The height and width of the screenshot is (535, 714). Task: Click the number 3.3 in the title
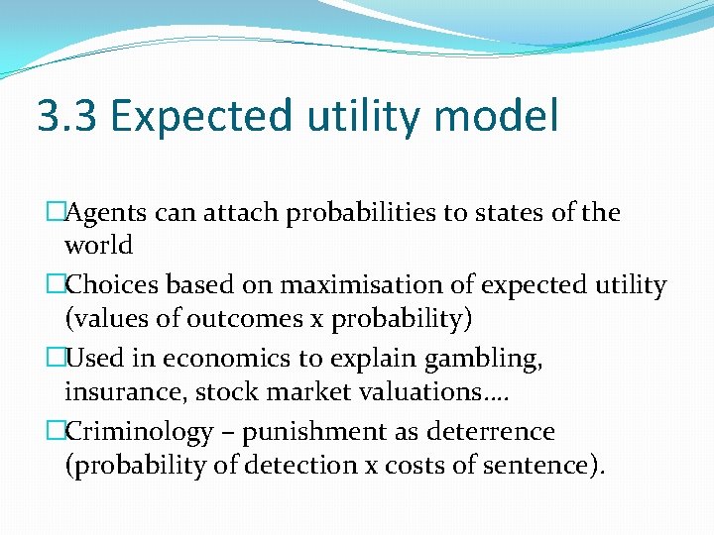click(66, 117)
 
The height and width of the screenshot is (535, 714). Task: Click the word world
click(98, 244)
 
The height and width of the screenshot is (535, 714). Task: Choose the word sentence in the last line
click(535, 464)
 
